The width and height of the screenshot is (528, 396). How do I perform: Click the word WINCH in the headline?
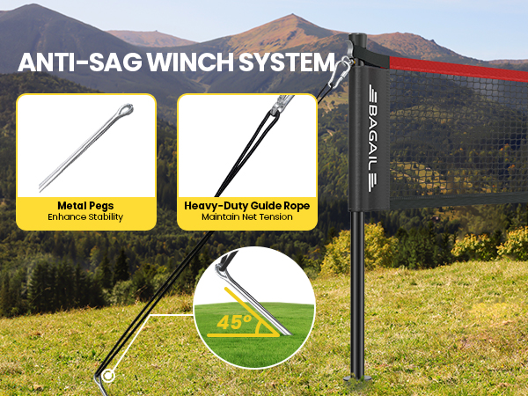point(189,62)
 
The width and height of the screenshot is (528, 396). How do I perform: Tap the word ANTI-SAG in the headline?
point(79,62)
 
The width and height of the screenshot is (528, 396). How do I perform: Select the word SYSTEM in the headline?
point(287,62)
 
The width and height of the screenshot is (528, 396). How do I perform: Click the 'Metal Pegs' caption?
point(85,206)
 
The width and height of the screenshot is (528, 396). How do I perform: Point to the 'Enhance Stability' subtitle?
point(85,216)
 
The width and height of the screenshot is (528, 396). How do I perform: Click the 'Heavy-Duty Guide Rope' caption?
point(246,206)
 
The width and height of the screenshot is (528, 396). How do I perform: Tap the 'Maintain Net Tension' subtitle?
point(246,216)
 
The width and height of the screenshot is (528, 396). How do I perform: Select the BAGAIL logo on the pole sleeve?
point(373,138)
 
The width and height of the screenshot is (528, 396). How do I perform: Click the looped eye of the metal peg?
point(125,110)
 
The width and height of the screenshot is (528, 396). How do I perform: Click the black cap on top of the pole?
point(357,39)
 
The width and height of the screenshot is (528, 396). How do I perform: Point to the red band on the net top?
point(458,69)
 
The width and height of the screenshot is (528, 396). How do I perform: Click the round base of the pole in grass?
point(357,378)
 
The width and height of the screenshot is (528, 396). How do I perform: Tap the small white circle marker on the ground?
point(108,376)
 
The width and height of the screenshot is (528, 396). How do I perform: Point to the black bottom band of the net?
point(458,201)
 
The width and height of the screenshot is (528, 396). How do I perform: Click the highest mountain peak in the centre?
point(292,16)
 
